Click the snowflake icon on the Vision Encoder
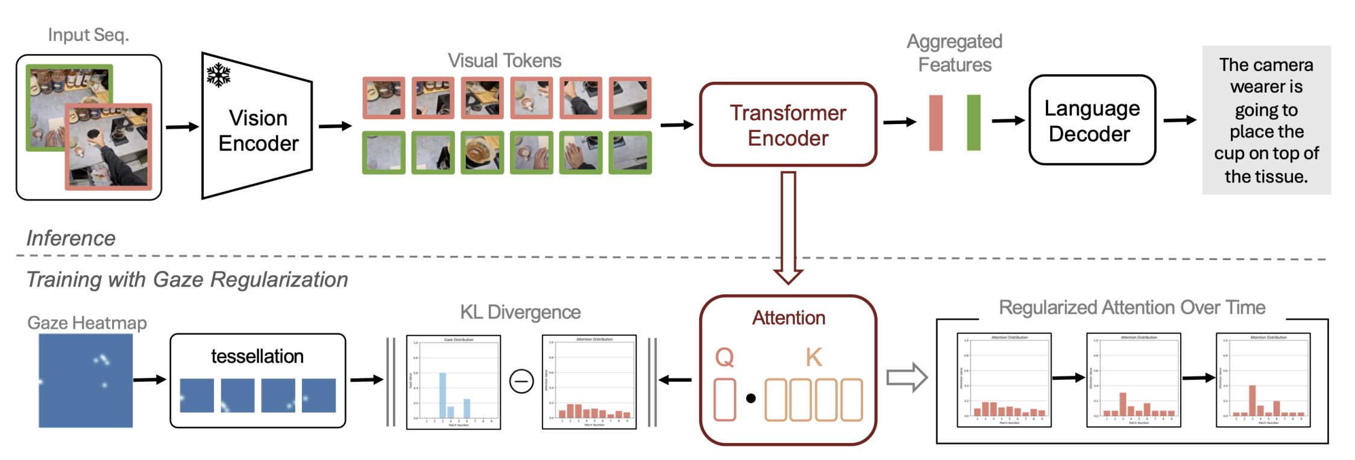pyautogui.click(x=218, y=75)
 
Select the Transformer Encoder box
pyautogui.click(x=788, y=125)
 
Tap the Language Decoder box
pyautogui.click(x=1092, y=120)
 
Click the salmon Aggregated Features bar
pyautogui.click(x=935, y=123)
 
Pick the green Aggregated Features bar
pyautogui.click(x=973, y=123)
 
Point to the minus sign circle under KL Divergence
pyautogui.click(x=521, y=381)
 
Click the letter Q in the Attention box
pyautogui.click(x=725, y=357)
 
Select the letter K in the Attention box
pyautogui.click(x=814, y=357)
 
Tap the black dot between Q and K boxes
pyautogui.click(x=751, y=398)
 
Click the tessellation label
pyautogui.click(x=257, y=356)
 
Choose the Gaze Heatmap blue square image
pyautogui.click(x=86, y=381)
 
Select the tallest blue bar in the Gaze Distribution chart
pyautogui.click(x=442, y=395)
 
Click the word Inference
pyautogui.click(x=71, y=238)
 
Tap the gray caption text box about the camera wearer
pyautogui.click(x=1266, y=120)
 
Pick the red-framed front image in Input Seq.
pyautogui.click(x=108, y=147)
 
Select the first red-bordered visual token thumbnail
pyautogui.click(x=384, y=98)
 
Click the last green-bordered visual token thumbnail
pyautogui.click(x=630, y=153)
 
